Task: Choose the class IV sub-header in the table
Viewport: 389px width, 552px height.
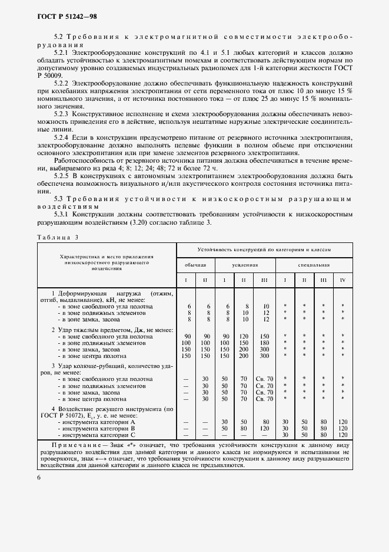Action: click(x=342, y=280)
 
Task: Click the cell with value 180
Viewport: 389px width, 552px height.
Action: click(x=265, y=343)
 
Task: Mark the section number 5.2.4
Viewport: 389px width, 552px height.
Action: click(x=62, y=136)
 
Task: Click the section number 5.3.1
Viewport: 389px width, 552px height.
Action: click(x=62, y=215)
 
